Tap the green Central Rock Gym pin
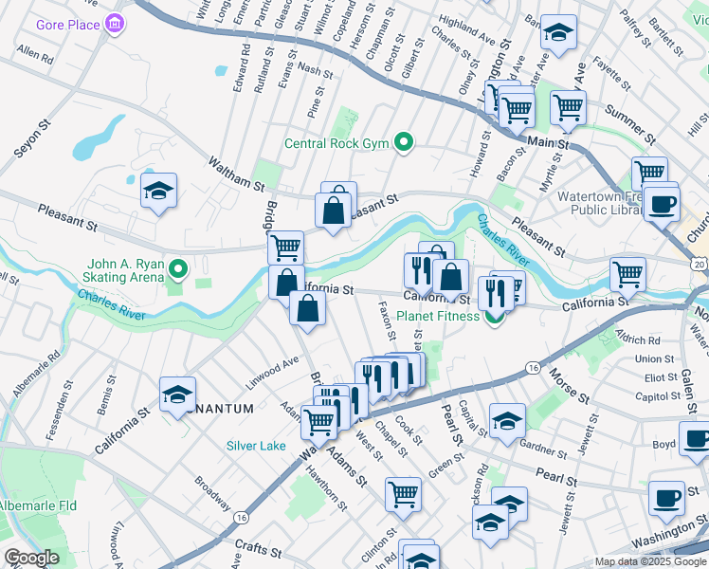pos(404,144)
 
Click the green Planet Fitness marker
pos(494,316)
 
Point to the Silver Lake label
pos(255,446)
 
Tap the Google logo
pos(31,559)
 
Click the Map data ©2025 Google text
pos(650,561)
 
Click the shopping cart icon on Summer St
pos(568,107)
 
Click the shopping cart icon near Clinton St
pos(403,493)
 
